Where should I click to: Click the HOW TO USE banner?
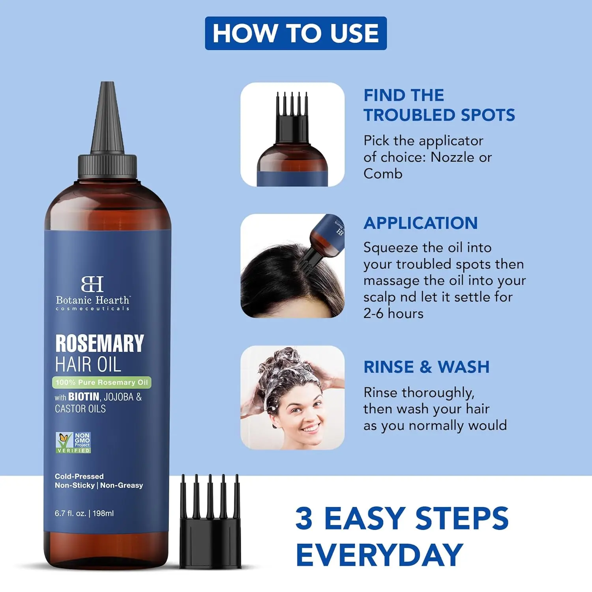point(296,33)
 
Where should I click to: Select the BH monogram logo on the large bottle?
point(92,284)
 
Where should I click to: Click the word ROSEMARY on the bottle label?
point(99,343)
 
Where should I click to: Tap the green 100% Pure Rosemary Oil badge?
point(102,382)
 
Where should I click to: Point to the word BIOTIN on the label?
point(84,397)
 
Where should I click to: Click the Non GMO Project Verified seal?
point(73,442)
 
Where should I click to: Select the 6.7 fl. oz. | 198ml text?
point(84,513)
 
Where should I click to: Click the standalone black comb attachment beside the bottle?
point(210,525)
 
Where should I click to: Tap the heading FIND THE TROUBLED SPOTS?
point(439,105)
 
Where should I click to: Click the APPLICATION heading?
point(420,223)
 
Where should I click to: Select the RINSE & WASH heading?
point(426,367)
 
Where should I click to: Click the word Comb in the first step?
point(383,174)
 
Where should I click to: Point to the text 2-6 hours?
point(393,313)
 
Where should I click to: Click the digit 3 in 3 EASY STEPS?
point(304,518)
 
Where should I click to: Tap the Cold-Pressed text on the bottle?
point(79,476)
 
